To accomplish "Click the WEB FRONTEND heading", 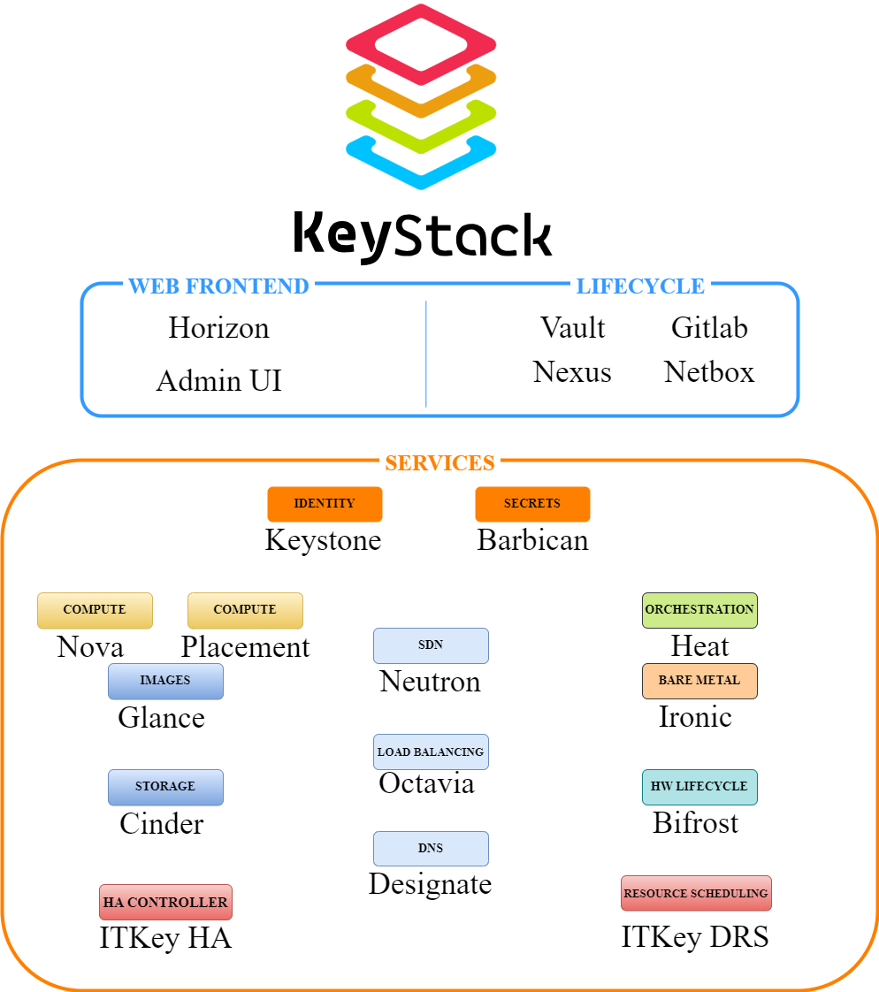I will [218, 285].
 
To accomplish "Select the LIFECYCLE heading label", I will [640, 285].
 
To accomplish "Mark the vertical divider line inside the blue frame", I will [426, 354].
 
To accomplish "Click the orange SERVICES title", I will [439, 462].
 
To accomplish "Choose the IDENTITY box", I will [325, 504].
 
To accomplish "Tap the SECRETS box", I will [532, 504].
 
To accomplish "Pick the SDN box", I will [431, 645].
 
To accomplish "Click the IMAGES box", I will [165, 681].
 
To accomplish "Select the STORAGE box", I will [165, 787].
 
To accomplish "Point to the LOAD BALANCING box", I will [431, 752].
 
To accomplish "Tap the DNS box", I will [431, 849].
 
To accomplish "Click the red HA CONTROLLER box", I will [165, 903].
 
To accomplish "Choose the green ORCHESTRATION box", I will [699, 610].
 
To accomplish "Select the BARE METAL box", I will [699, 681].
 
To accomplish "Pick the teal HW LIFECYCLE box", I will [699, 787].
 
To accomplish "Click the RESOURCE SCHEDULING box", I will [696, 894].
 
